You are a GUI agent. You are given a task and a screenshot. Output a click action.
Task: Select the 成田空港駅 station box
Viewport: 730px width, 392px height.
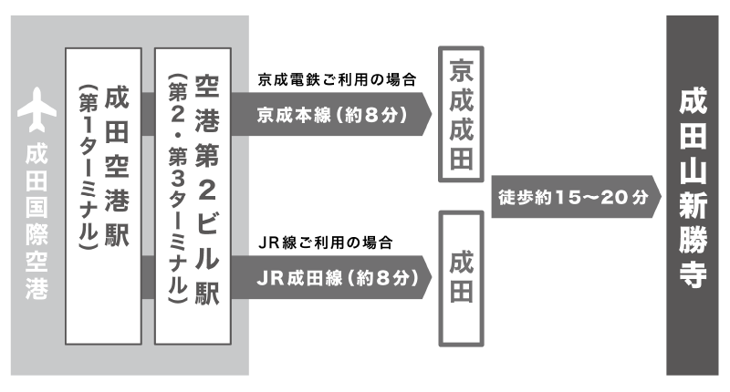(x=104, y=196)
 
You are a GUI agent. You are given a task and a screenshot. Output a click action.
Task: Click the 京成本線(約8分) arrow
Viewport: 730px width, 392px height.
(x=333, y=116)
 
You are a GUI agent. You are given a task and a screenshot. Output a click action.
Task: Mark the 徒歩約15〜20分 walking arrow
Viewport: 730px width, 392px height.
(x=575, y=196)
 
